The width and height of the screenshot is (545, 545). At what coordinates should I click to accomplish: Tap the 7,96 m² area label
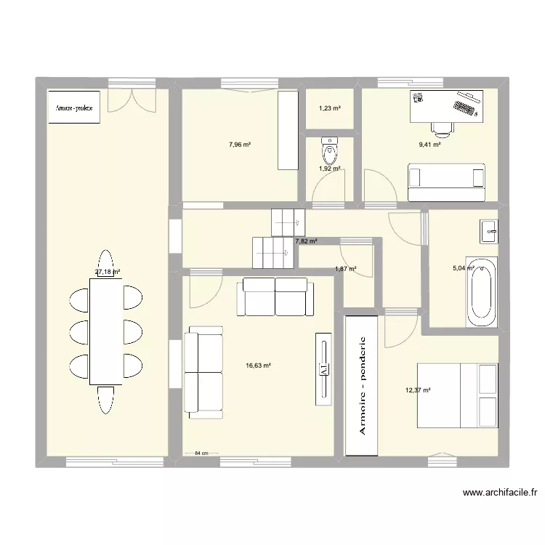pyautogui.click(x=239, y=145)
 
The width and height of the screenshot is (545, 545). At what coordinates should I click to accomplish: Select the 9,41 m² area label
pyautogui.click(x=429, y=145)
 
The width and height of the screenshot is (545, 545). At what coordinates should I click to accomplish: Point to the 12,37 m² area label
pyautogui.click(x=418, y=390)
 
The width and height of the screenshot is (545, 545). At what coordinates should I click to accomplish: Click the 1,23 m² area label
pyautogui.click(x=330, y=109)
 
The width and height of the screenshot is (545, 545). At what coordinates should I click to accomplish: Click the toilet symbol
pyautogui.click(x=330, y=150)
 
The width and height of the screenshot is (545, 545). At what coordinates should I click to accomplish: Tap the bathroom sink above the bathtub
pyautogui.click(x=488, y=231)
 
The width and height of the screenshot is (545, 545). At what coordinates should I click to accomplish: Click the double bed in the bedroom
pyautogui.click(x=456, y=397)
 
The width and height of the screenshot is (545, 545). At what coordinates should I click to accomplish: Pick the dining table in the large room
pyautogui.click(x=105, y=332)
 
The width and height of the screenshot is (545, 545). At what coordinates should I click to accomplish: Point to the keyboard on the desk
pyautogui.click(x=466, y=108)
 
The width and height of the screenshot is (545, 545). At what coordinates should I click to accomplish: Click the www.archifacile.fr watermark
pyautogui.click(x=499, y=492)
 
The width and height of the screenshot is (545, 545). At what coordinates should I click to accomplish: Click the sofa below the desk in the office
pyautogui.click(x=446, y=183)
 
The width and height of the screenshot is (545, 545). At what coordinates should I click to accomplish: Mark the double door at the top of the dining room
pyautogui.click(x=131, y=100)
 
